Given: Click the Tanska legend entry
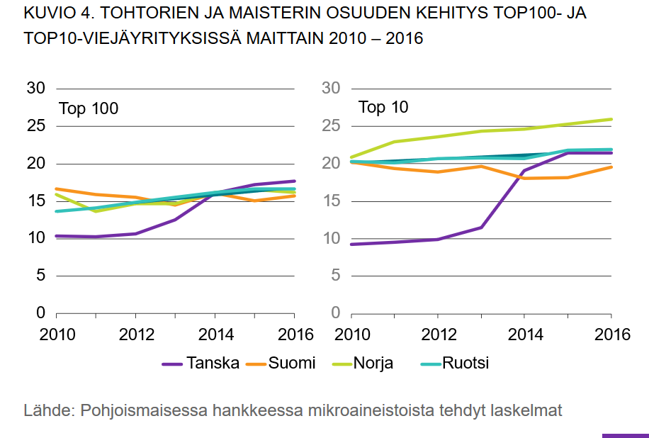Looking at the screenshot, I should (210, 364).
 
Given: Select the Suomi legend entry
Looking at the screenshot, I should (290, 364).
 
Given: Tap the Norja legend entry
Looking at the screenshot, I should (373, 364).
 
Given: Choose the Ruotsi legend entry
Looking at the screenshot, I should (465, 364).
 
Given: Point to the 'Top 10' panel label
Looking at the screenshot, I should (383, 108).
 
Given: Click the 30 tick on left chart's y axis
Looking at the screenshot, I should (36, 89).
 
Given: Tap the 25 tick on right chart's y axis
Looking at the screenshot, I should (331, 126).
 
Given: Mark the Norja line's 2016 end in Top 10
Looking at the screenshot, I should (611, 119).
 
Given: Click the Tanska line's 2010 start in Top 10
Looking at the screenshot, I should (351, 245).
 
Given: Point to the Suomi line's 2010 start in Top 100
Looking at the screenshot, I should (55, 189).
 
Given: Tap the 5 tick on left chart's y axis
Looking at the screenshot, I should (40, 276).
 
